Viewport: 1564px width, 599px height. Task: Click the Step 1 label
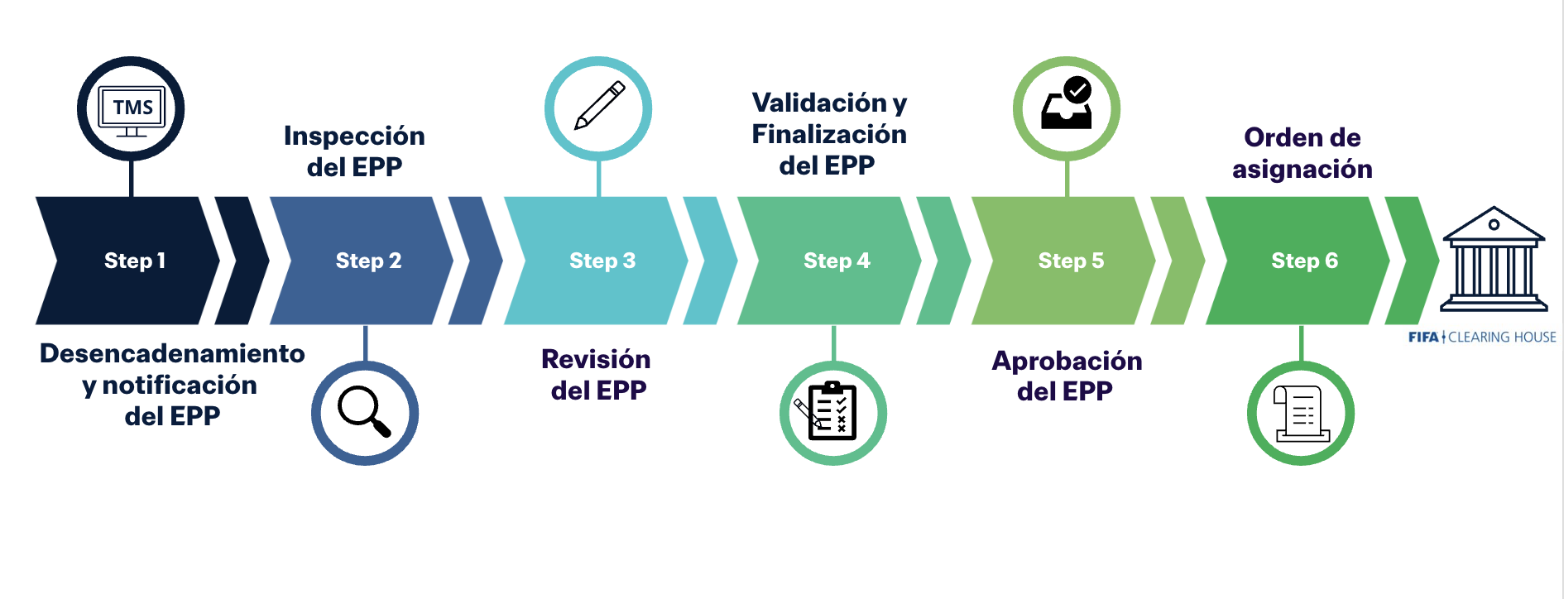pos(135,261)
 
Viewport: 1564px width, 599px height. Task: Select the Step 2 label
pos(368,261)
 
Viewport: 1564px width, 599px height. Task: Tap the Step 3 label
pos(602,261)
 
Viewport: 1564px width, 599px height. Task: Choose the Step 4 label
pos(837,261)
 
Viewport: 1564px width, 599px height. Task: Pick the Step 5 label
pos(1071,261)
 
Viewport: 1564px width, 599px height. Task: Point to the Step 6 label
pos(1304,261)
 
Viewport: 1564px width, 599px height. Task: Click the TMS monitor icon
pos(131,109)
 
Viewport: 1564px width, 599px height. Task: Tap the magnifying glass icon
pos(365,412)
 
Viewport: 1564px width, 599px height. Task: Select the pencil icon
pos(599,107)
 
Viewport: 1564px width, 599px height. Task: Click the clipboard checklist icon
pos(832,412)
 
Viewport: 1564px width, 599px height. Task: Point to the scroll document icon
pos(1301,413)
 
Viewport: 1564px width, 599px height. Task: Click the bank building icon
pos(1494,260)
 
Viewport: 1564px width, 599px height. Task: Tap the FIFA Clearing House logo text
pos(1481,337)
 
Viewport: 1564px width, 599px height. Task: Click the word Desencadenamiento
pos(172,353)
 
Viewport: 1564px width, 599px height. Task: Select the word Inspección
pos(354,136)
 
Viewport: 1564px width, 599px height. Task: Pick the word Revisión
pos(596,359)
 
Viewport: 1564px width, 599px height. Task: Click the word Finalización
pos(829,134)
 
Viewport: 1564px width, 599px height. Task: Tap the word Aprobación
pos(1067,361)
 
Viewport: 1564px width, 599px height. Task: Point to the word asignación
pos(1302,169)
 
